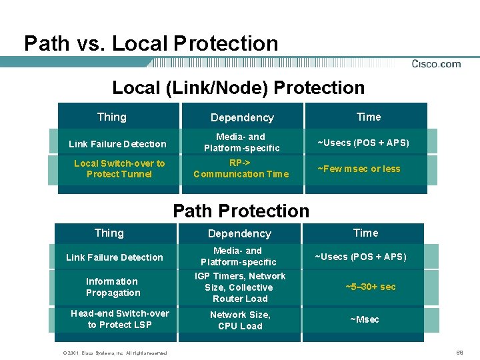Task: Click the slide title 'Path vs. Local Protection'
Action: (151, 44)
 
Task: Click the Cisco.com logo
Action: (436, 64)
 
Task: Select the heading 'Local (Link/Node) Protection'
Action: (239, 88)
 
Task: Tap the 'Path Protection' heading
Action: (241, 211)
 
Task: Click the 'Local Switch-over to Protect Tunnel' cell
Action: (119, 169)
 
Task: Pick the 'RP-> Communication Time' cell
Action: (241, 169)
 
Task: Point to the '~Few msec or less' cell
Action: (359, 169)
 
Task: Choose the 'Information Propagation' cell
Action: (113, 287)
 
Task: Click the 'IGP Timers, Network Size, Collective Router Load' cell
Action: (240, 287)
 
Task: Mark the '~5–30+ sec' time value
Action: (370, 287)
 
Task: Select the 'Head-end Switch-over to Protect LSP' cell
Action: (120, 319)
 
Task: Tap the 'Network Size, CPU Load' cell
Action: (240, 321)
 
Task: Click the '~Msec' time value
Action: (365, 319)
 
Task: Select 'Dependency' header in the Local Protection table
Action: (242, 118)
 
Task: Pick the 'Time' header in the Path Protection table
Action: (365, 233)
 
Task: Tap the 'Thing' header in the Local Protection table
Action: (111, 117)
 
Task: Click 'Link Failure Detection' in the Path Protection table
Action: (115, 257)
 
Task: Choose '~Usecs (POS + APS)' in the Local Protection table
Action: (363, 143)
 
